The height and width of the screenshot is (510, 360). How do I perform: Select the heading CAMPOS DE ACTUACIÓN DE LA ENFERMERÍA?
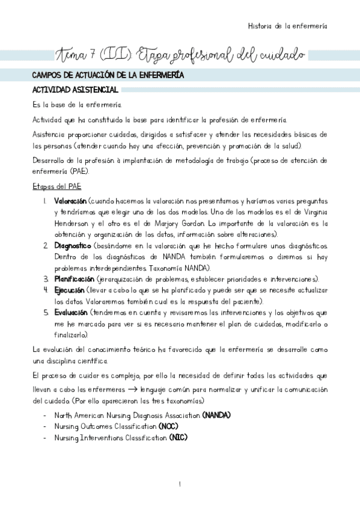pyautogui.click(x=108, y=76)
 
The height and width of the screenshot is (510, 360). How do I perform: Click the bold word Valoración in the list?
pyautogui.click(x=70, y=201)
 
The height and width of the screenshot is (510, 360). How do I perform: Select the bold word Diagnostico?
pyautogui.click(x=72, y=247)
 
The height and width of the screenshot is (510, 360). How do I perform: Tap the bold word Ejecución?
pyautogui.click(x=70, y=290)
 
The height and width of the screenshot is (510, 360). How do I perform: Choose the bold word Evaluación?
pyautogui.click(x=70, y=313)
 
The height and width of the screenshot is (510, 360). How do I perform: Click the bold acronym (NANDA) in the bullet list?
pyautogui.click(x=216, y=416)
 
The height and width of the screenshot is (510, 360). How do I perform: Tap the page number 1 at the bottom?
pyautogui.click(x=180, y=483)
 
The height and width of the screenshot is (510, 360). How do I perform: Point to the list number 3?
pyautogui.click(x=45, y=279)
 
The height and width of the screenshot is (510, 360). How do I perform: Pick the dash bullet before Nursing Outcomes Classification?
pyautogui.click(x=46, y=426)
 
